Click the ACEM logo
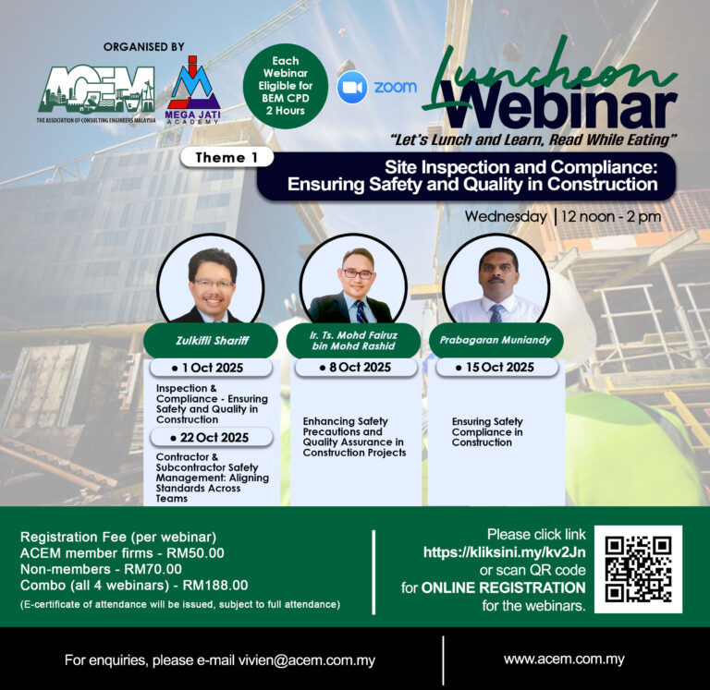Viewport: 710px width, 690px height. tap(96, 93)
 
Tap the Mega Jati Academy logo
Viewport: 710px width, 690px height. tap(192, 90)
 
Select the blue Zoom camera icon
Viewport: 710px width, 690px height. tap(352, 87)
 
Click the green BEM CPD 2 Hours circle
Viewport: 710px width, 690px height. tap(286, 86)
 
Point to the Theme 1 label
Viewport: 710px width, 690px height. tap(226, 157)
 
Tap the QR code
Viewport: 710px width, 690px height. tap(638, 569)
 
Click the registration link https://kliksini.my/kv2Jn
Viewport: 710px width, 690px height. tap(504, 552)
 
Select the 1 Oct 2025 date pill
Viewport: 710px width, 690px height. tap(211, 368)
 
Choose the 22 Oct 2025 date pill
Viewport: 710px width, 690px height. tap(212, 438)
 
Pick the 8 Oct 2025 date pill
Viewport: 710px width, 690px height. tap(356, 367)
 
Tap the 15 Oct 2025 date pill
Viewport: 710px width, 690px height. tap(496, 367)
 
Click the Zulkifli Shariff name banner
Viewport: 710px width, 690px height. tap(211, 340)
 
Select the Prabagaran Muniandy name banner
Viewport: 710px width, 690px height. tap(495, 340)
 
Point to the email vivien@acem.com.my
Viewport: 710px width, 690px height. tap(307, 660)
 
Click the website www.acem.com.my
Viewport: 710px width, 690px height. tap(564, 659)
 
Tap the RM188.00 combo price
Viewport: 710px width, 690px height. tap(215, 585)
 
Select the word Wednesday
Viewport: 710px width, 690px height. tap(506, 216)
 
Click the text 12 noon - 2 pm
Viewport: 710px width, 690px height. tap(611, 216)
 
